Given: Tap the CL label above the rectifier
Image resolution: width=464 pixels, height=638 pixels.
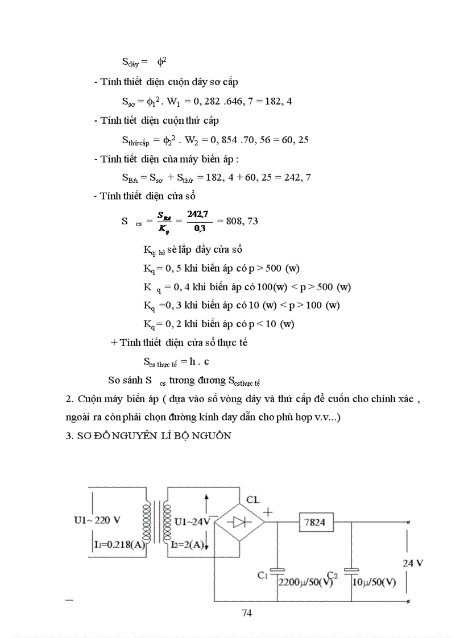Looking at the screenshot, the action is [252, 499].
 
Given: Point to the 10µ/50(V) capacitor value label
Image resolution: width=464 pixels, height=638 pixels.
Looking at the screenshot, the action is [375, 582].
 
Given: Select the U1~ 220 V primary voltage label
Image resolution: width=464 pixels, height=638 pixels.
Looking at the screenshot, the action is [97, 520].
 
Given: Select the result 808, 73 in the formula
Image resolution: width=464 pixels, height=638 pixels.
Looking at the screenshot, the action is [242, 220].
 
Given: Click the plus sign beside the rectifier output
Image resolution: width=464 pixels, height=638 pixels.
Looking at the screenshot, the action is [268, 511].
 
